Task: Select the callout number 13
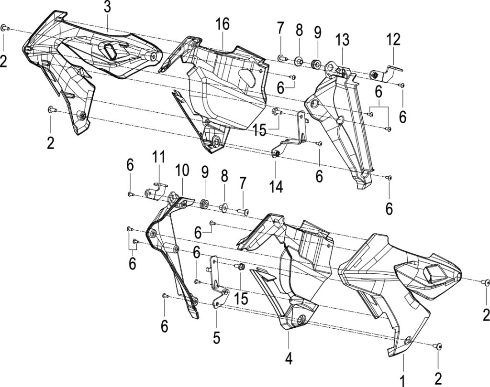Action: [343, 40]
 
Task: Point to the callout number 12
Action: [393, 40]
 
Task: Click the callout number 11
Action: [158, 157]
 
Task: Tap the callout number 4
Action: [289, 359]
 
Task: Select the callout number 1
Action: [403, 381]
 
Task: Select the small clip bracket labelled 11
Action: [156, 190]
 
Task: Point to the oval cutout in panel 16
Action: [247, 78]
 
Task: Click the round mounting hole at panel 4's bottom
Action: [301, 320]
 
